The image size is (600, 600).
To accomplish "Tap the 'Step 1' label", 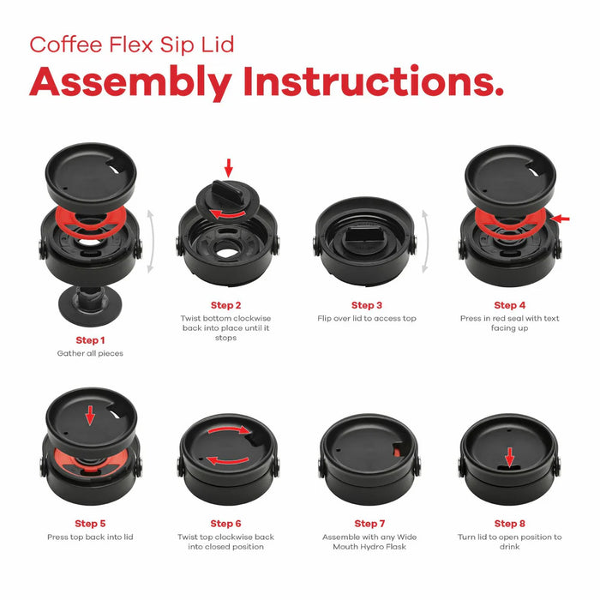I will (90, 339).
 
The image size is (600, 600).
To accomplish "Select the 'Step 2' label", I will (226, 305).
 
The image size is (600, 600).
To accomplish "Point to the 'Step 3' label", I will (366, 305).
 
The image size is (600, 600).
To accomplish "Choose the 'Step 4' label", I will (509, 305).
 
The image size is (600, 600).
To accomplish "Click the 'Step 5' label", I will (90, 524).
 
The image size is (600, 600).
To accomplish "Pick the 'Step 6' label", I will (226, 524).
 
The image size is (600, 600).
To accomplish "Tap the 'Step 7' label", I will (369, 524).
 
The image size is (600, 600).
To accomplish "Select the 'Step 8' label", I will (509, 524).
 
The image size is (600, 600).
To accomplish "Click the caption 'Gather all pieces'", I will (90, 353).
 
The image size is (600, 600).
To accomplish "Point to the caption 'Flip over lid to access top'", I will (366, 319).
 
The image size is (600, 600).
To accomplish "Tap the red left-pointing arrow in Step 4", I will (560, 219).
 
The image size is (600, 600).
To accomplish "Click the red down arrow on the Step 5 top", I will (89, 416).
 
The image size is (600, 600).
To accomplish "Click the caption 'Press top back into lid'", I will (90, 537).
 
